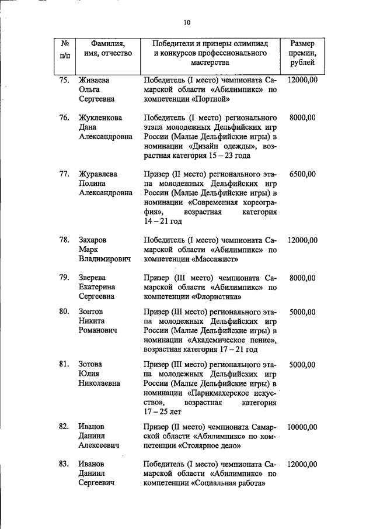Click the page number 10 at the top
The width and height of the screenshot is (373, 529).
tap(186, 22)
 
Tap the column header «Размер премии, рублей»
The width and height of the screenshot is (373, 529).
tap(302, 53)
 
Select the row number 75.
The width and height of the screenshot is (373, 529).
tap(65, 79)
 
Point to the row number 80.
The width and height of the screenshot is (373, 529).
tap(65, 311)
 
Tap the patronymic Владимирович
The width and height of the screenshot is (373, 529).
tap(104, 259)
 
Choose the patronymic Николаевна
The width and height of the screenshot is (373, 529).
tap(99, 383)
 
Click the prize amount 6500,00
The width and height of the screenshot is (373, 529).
tap(302, 174)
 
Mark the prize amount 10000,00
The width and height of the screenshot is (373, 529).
tap(302, 427)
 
